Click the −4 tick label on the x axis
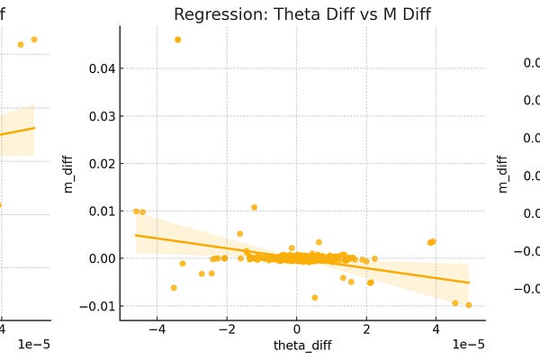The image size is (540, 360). coord(157,329)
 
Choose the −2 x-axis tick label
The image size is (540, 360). coord(226,329)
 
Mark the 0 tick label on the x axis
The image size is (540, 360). coord(297,329)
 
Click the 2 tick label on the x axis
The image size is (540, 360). coord(366,329)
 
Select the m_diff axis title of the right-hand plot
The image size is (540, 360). coord(502,173)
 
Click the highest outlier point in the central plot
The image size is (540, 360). coord(177,40)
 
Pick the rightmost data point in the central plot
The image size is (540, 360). coord(469,305)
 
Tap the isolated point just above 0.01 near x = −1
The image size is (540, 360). coord(254,207)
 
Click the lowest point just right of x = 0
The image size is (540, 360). coord(314,297)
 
